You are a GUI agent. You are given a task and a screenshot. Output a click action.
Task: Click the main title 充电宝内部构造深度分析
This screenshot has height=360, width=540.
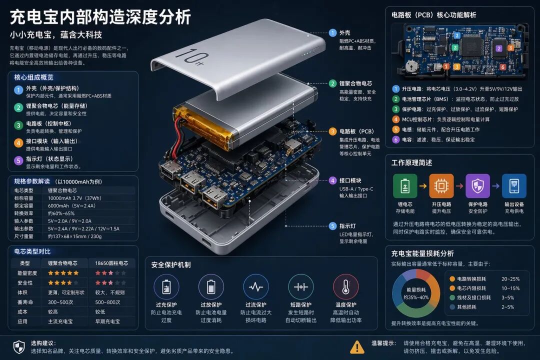(x=100, y=17)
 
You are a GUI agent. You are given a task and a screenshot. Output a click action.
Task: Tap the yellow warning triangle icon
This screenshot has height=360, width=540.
(x=357, y=346)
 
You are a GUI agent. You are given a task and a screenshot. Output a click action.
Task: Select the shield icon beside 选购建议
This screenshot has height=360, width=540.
(x=18, y=346)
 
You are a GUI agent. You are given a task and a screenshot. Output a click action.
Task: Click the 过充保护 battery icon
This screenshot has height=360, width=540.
(x=166, y=287)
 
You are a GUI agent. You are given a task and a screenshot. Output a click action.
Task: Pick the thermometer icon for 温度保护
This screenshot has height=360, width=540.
(x=345, y=287)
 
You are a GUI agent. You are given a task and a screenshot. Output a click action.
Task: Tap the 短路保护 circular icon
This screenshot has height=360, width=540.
(x=300, y=287)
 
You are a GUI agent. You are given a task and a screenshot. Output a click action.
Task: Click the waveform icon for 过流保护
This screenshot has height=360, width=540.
(x=255, y=287)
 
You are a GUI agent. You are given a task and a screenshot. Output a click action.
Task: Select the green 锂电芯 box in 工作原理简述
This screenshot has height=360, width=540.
(x=404, y=186)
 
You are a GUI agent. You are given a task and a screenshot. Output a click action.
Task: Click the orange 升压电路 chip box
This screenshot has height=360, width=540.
(x=441, y=186)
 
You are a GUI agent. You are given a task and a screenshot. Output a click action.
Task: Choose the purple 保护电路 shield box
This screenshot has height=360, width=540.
(x=477, y=186)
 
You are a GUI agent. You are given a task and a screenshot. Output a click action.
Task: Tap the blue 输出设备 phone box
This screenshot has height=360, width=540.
(x=514, y=186)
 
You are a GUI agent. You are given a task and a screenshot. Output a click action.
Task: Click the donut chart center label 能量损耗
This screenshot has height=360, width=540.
(x=415, y=289)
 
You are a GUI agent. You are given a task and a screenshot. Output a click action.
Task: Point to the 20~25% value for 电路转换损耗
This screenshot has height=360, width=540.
(x=510, y=279)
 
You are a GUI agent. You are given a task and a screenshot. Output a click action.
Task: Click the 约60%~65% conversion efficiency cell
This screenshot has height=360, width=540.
(x=61, y=213)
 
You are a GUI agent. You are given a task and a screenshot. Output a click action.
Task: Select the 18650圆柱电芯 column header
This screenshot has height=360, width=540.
(x=111, y=263)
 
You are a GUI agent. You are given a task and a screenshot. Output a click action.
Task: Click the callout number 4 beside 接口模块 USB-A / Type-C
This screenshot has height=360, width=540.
(x=332, y=180)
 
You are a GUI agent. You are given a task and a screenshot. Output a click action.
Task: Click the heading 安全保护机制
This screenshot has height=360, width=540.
(x=171, y=264)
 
